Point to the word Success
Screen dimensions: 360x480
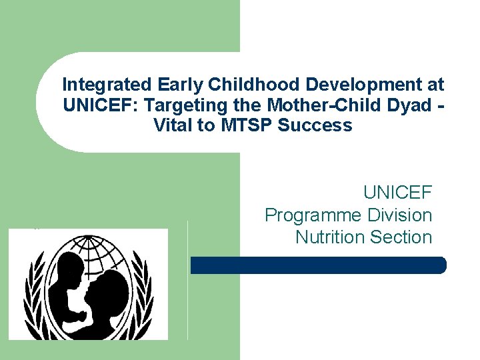[x=315, y=125]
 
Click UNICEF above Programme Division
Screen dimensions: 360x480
[x=397, y=193]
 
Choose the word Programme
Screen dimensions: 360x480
[x=311, y=215]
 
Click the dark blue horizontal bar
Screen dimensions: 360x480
[x=318, y=265]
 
